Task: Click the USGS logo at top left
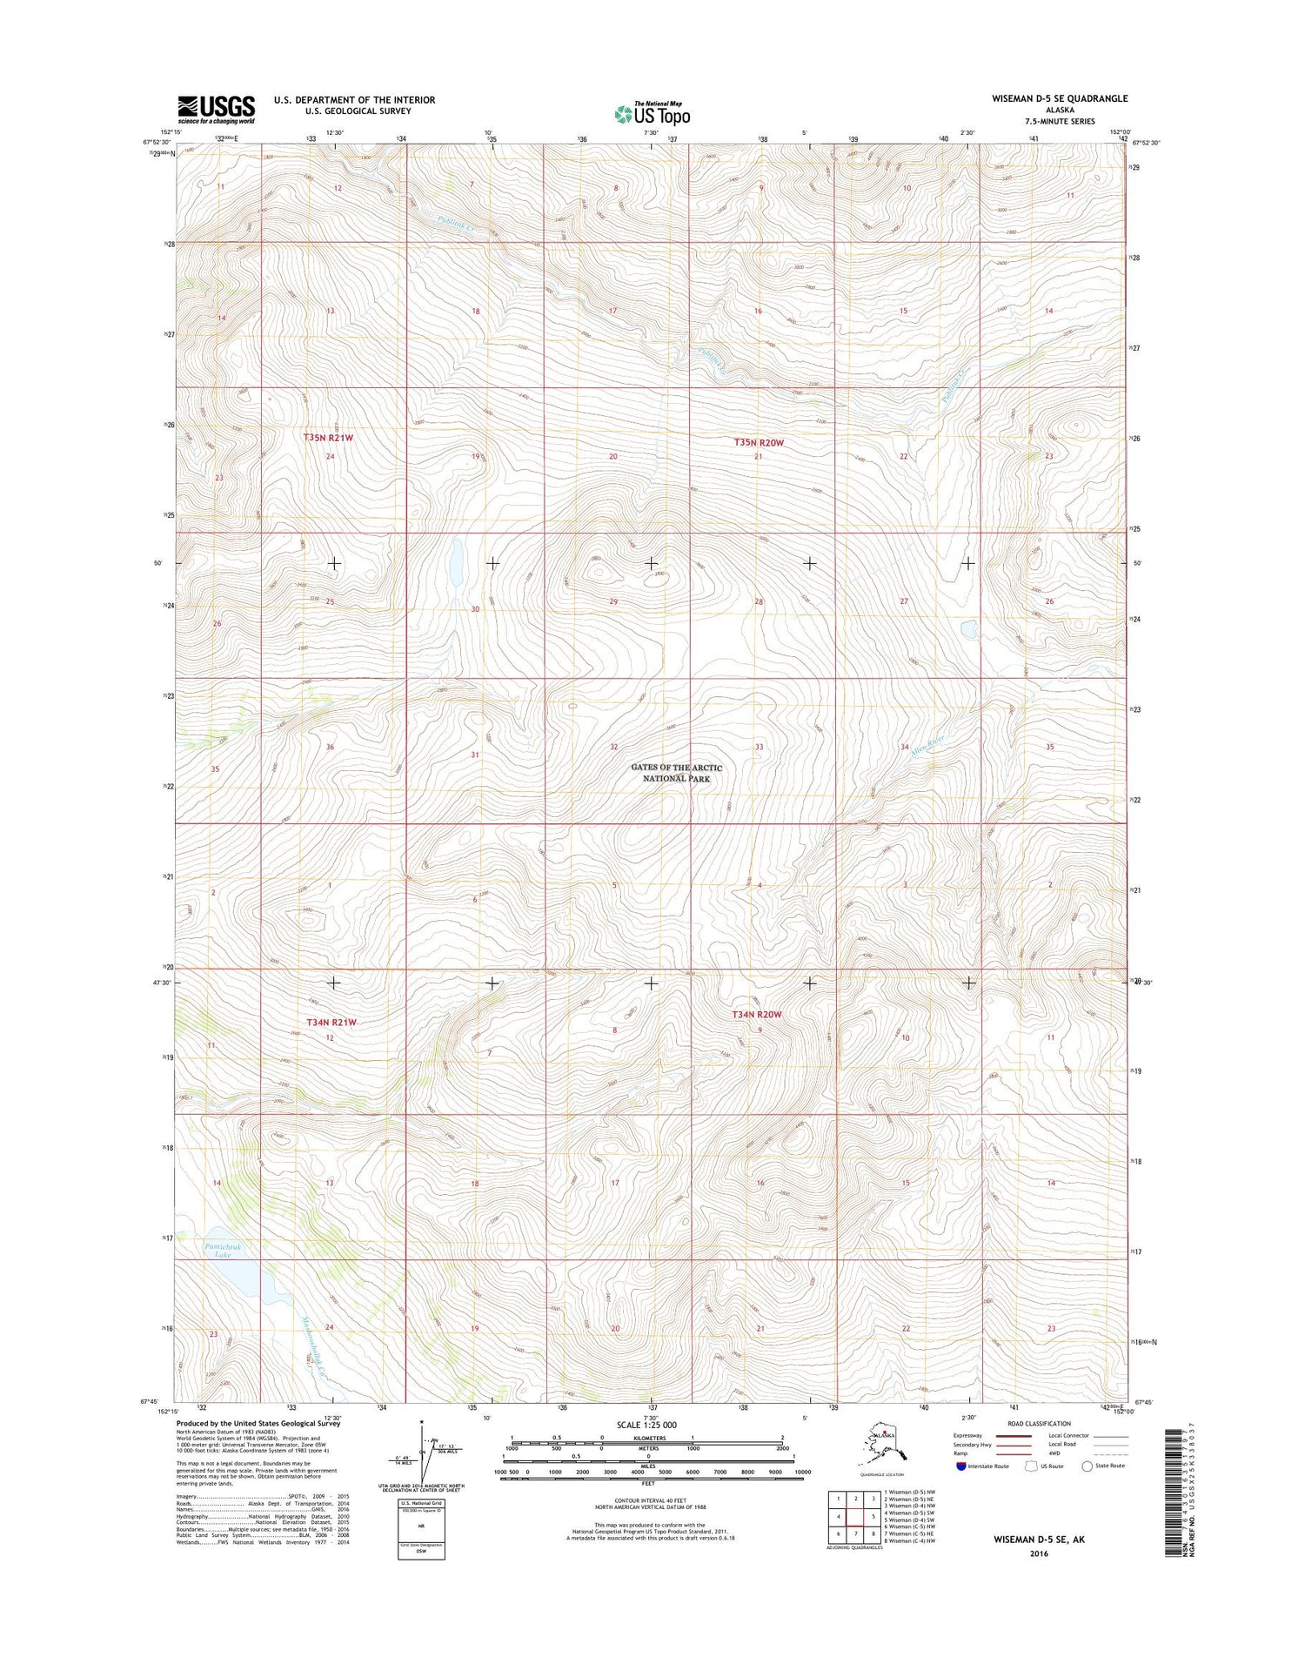[x=217, y=109]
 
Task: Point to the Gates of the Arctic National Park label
[x=677, y=773]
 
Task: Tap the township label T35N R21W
[x=328, y=438]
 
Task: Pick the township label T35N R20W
[x=759, y=443]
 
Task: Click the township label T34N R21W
[x=331, y=1023]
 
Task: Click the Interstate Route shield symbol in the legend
[x=960, y=1466]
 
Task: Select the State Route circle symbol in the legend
[x=1087, y=1466]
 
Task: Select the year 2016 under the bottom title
[x=1038, y=1554]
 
